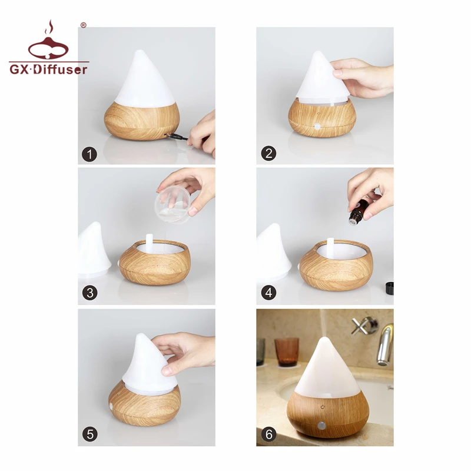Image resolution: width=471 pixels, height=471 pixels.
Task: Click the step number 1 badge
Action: (x=89, y=154)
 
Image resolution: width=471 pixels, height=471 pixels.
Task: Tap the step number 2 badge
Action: (x=268, y=154)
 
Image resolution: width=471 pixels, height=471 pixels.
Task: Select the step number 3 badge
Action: (x=89, y=293)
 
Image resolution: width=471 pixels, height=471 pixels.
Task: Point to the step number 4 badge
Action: (x=268, y=293)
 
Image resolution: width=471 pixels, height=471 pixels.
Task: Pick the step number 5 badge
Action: (x=89, y=434)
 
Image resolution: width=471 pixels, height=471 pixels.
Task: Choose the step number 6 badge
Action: (x=268, y=434)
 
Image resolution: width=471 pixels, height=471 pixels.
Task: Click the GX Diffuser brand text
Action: (x=48, y=69)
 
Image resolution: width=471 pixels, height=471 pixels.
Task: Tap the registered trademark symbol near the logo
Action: (x=83, y=25)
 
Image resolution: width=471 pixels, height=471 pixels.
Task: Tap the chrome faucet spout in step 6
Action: (x=384, y=344)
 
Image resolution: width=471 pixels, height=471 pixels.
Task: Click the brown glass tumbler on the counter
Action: (x=286, y=351)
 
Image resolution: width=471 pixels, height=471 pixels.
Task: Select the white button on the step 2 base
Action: (x=317, y=126)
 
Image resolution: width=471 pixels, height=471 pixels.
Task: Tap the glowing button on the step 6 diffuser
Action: (x=322, y=424)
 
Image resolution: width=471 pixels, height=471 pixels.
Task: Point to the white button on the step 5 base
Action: (x=111, y=406)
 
